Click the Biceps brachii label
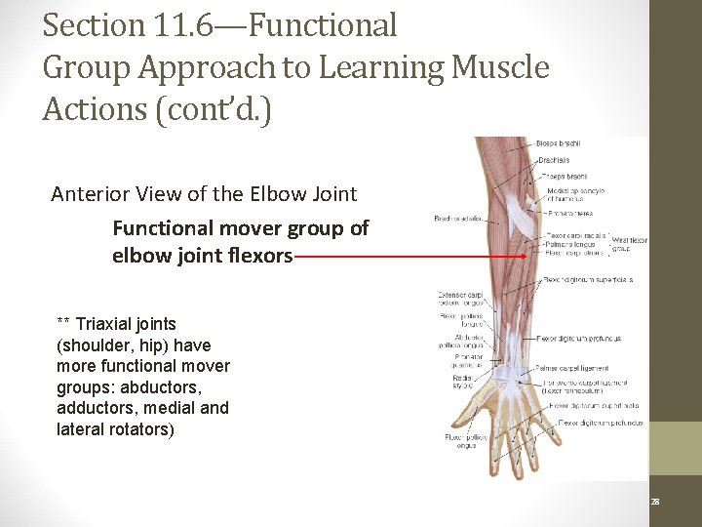559,143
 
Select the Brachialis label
555,160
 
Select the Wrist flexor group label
629,243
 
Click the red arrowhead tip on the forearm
526,257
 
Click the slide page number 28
655,501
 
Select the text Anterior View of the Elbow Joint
204,193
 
